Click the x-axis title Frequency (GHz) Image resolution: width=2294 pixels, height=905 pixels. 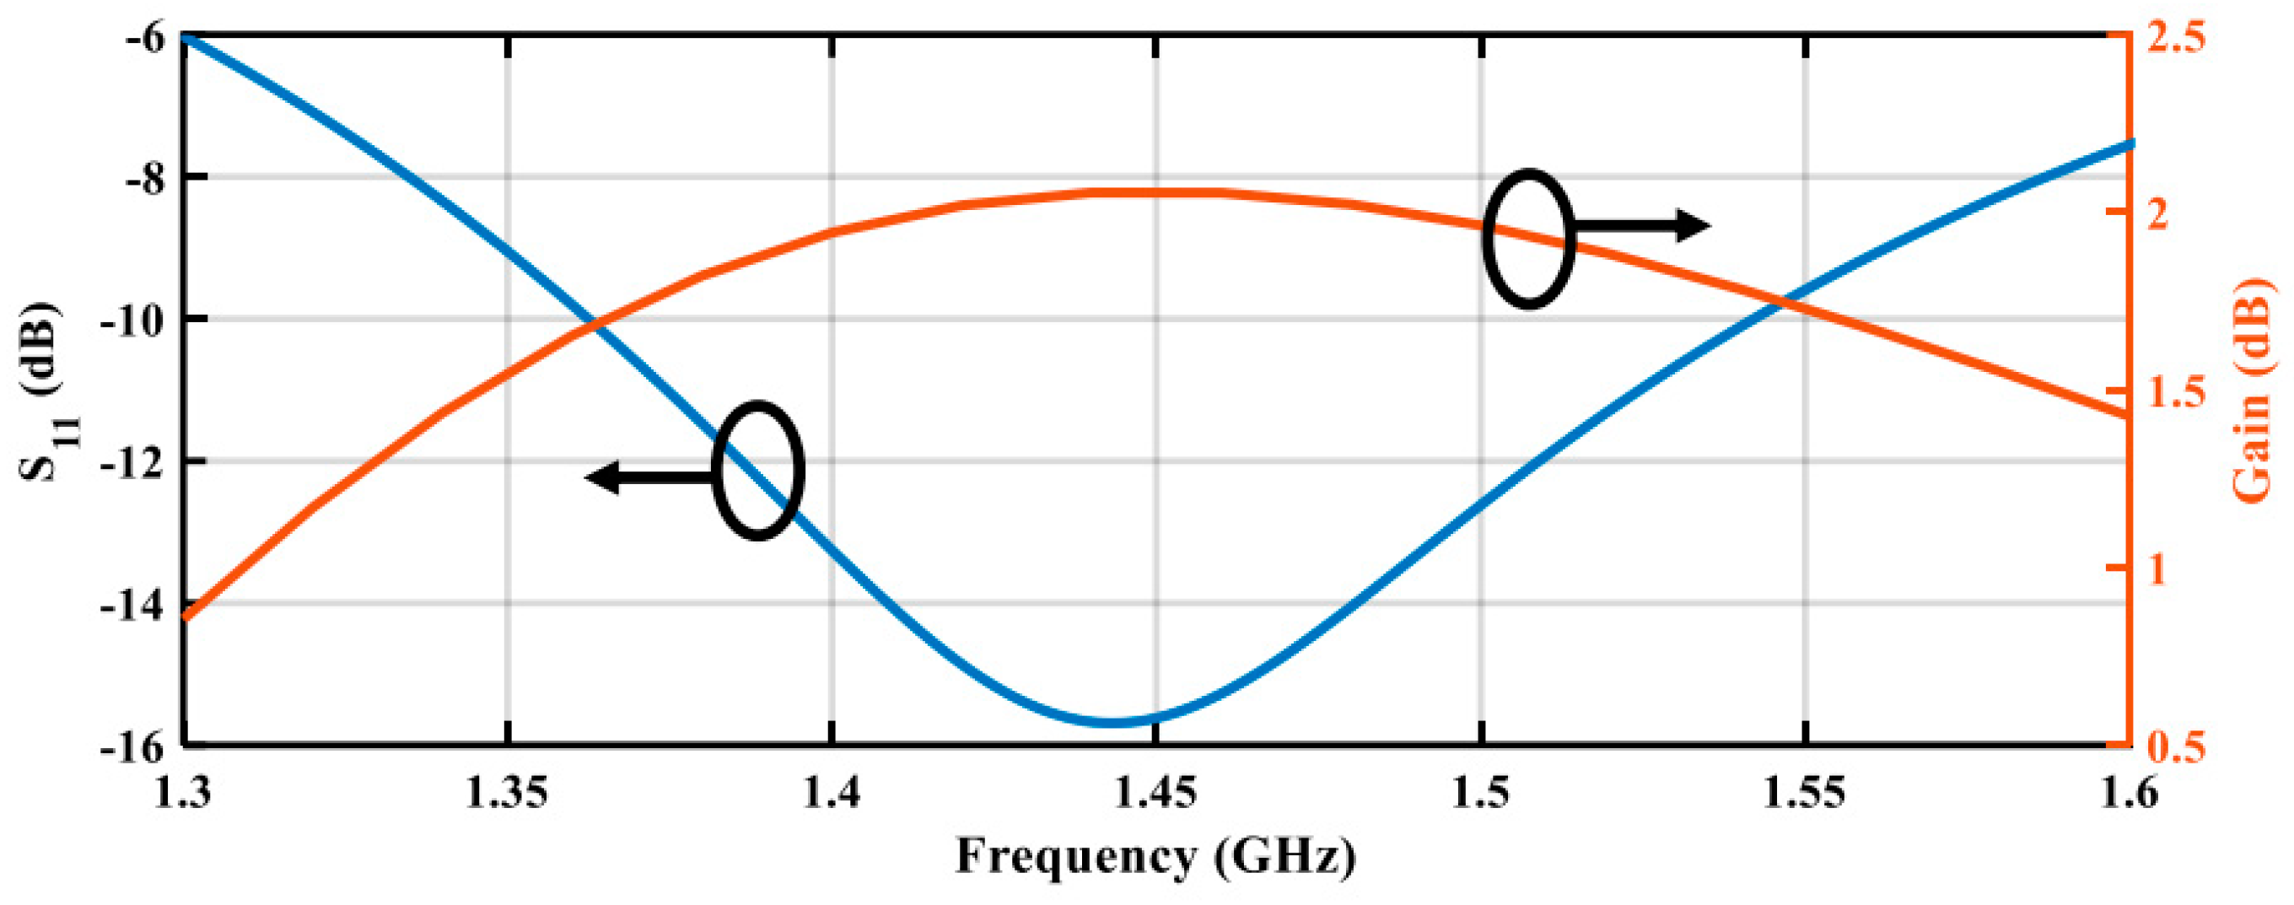pos(1155,858)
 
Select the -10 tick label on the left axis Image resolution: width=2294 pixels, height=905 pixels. pos(132,319)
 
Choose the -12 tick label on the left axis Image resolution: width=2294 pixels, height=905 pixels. pos(132,461)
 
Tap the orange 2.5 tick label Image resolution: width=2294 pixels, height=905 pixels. pos(2181,37)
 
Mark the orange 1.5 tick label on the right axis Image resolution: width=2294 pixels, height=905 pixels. pos(2181,392)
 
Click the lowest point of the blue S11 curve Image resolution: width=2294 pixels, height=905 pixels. pos(1113,720)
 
